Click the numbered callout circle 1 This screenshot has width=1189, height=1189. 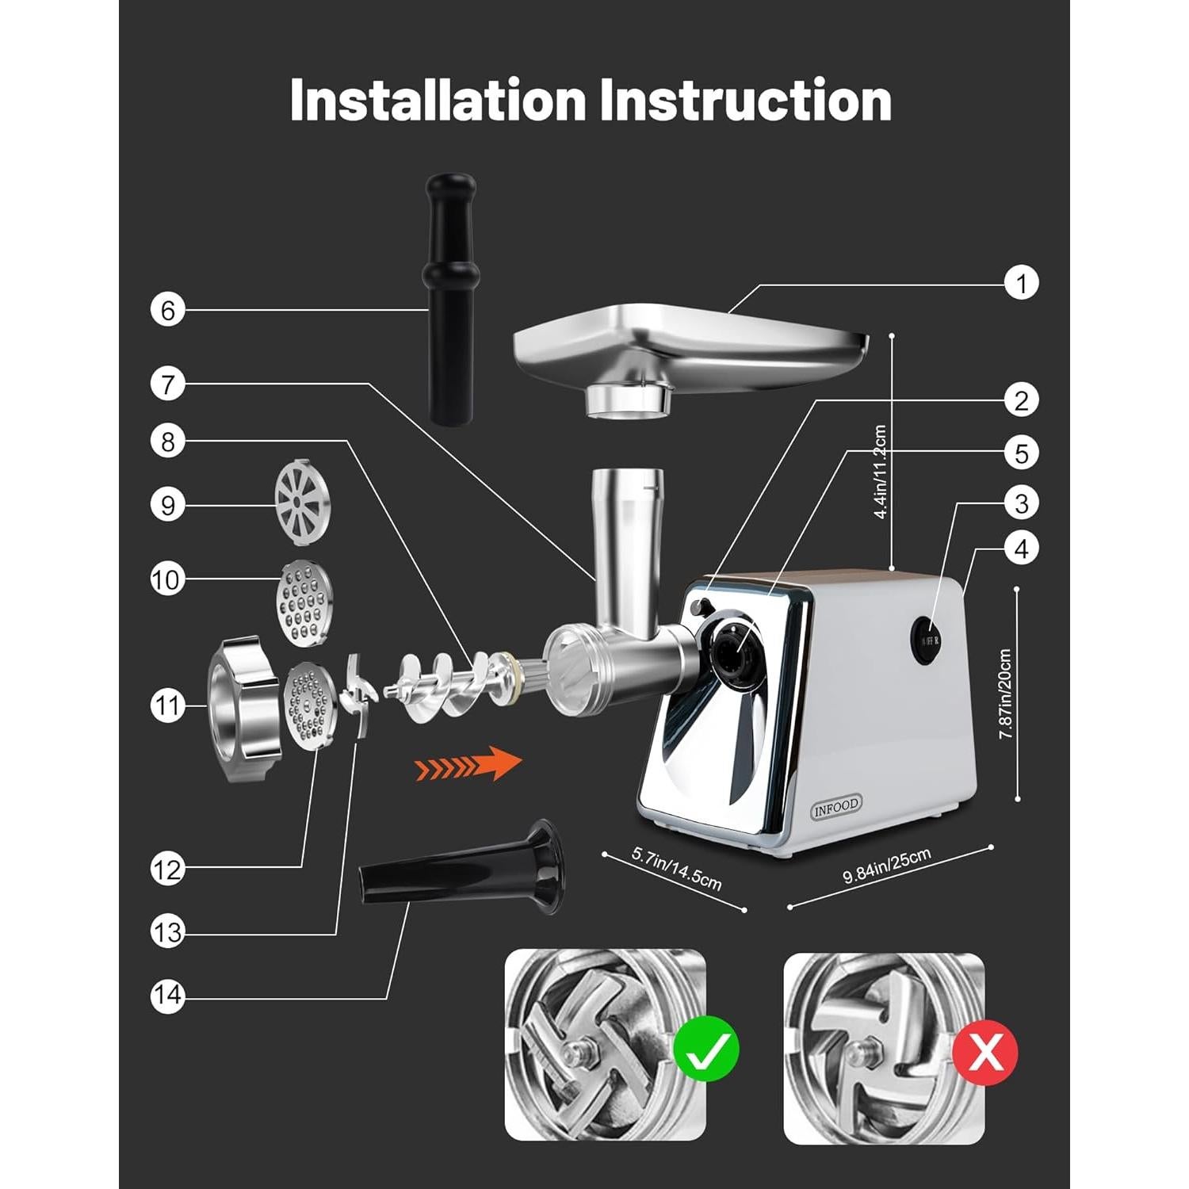1021,283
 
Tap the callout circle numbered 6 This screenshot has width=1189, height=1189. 167,310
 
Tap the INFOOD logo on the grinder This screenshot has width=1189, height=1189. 836,806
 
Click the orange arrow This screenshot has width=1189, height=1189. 468,764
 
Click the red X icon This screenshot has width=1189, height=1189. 984,1053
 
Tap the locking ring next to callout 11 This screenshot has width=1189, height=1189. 243,708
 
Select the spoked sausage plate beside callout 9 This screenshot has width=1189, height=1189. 301,503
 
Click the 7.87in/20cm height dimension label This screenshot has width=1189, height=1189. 1005,694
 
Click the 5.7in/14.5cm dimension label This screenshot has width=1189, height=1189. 676,869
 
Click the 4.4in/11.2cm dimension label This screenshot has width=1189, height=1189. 880,472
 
